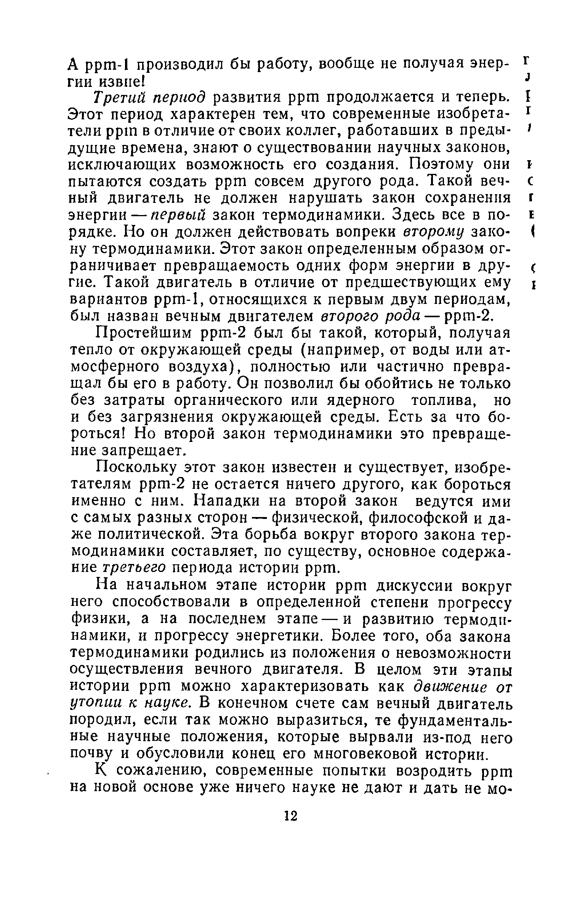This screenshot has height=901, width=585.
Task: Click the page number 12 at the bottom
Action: [291, 816]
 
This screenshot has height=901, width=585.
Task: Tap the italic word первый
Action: [179, 215]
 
